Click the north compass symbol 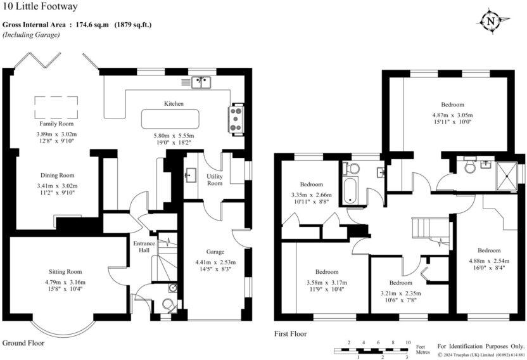pos(491,21)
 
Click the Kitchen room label pos(174,103)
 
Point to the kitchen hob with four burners pos(237,119)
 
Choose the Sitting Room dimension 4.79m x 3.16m pos(67,283)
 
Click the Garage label pos(215,251)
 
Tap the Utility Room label pos(215,179)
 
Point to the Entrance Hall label pos(141,247)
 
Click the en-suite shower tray pos(507,172)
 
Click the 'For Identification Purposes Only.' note pos(481,346)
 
